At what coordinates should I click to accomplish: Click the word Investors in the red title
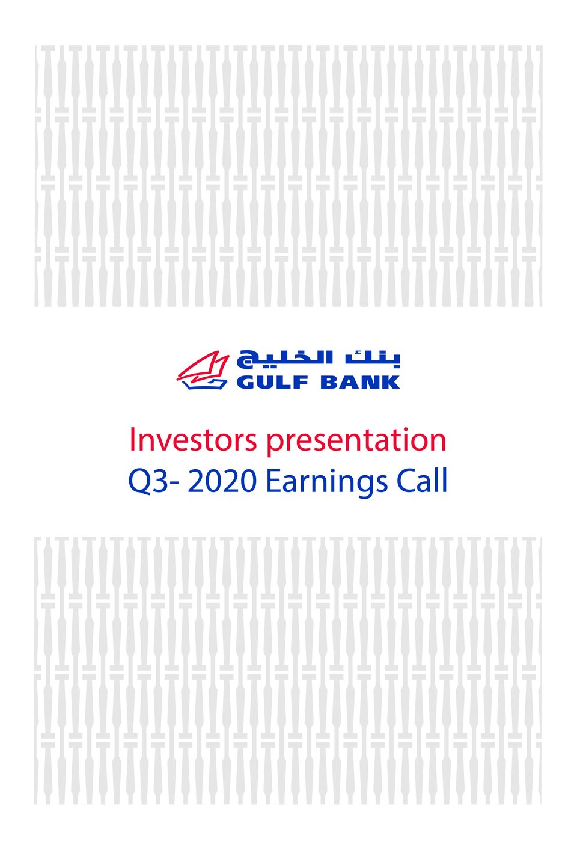[x=193, y=440]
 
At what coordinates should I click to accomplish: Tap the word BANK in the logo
[x=360, y=382]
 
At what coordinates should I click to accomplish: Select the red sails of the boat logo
[x=204, y=366]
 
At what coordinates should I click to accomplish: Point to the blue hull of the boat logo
[x=205, y=384]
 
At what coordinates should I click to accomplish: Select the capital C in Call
[x=406, y=481]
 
